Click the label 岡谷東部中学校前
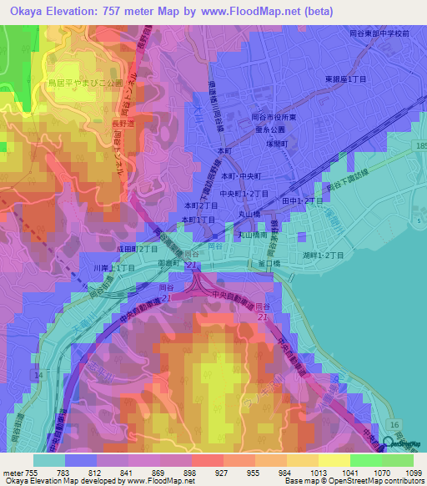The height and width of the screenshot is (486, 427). [379, 33]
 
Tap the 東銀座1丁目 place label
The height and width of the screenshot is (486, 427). [346, 78]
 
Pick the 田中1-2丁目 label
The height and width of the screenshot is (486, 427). [302, 201]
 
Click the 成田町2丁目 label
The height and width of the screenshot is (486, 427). [138, 249]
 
